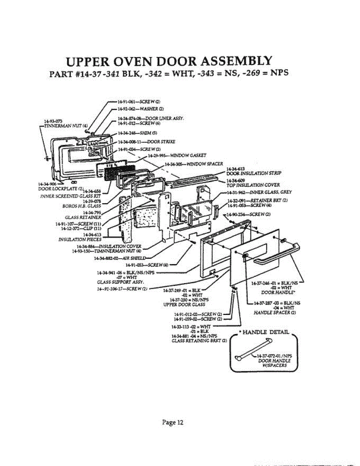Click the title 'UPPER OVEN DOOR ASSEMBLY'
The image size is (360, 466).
(169, 61)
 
